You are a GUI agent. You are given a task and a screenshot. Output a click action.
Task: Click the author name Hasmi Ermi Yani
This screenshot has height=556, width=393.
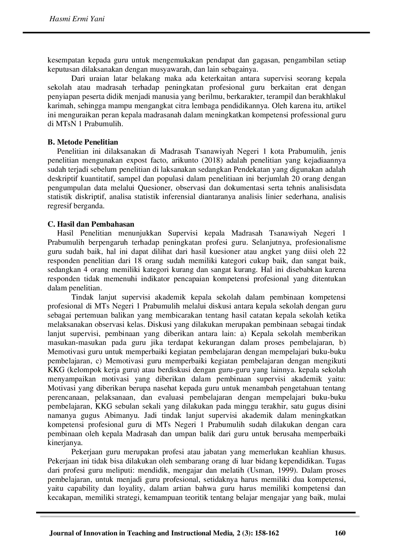[77, 19]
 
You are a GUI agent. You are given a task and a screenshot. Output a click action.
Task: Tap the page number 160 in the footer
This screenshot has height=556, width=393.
[340, 533]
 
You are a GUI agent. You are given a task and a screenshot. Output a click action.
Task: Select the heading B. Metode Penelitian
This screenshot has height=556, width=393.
[83, 142]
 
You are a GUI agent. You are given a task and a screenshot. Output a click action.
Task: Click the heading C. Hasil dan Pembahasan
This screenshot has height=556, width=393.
[91, 224]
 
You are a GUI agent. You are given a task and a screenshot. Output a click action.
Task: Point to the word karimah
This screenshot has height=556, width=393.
[58, 106]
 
